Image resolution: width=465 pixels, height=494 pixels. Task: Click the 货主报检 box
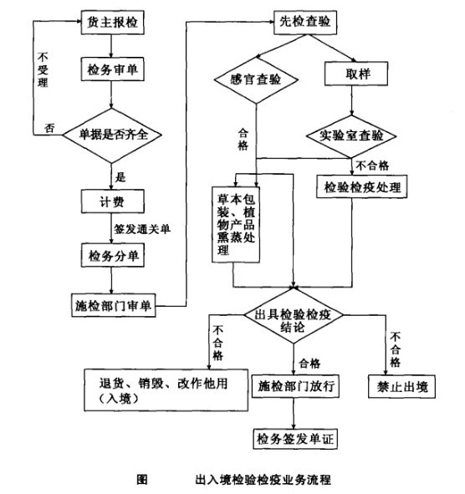point(112,23)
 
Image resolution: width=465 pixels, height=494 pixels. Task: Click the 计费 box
point(112,201)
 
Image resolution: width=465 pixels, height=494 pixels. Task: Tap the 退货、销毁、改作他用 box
point(166,390)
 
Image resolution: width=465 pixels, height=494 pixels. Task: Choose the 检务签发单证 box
point(294,438)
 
